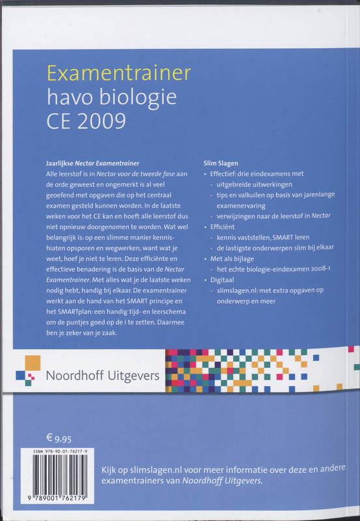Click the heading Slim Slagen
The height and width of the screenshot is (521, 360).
click(x=221, y=162)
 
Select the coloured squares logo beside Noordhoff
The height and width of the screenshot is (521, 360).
click(x=27, y=369)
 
